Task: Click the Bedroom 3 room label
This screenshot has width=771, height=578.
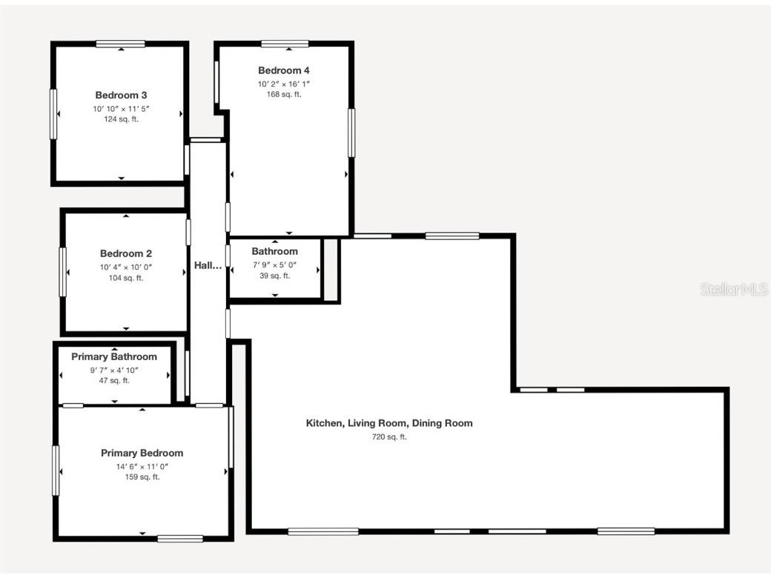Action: click(x=121, y=95)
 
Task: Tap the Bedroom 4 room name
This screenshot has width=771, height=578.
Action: click(x=284, y=70)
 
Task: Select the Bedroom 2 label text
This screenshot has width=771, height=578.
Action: click(x=126, y=253)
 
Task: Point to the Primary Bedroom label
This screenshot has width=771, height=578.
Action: click(x=142, y=453)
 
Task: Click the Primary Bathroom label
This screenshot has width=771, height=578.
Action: click(x=114, y=356)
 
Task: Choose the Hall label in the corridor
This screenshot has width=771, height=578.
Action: click(x=208, y=265)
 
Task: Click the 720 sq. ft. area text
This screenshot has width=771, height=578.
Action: click(x=389, y=437)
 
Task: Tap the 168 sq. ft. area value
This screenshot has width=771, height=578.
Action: click(x=284, y=94)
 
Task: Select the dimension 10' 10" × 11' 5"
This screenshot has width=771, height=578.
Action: click(x=121, y=108)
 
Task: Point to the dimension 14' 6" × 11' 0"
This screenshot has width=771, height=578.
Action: click(x=142, y=466)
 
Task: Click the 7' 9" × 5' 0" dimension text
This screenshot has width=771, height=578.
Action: click(x=274, y=265)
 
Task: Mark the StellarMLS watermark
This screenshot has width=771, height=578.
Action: click(x=734, y=290)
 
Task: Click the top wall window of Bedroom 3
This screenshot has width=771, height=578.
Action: click(x=120, y=44)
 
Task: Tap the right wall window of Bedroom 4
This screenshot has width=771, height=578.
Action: click(x=351, y=133)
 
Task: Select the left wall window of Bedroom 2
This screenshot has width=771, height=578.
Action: click(x=63, y=271)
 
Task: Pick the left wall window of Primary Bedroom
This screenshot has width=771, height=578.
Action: click(x=56, y=470)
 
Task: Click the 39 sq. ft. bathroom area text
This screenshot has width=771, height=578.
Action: click(x=274, y=276)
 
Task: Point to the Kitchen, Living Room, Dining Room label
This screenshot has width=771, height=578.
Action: click(x=389, y=423)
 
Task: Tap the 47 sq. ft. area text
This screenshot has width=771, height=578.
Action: click(x=114, y=380)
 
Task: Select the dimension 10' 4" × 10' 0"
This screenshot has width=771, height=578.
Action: click(x=126, y=267)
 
